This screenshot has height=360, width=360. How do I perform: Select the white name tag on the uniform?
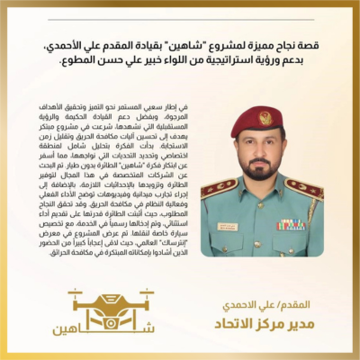click(x=227, y=227)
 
